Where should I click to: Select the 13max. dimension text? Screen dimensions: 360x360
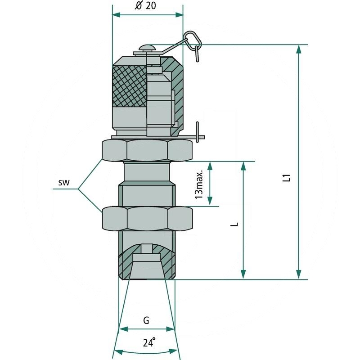click(x=199, y=184)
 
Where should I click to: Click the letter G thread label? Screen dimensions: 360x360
click(x=146, y=320)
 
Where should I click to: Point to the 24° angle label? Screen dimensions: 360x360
click(x=149, y=342)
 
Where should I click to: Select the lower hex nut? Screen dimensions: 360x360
click(x=147, y=218)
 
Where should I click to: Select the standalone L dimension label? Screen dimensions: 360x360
click(x=237, y=223)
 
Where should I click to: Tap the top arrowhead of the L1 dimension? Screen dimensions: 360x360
click(x=298, y=49)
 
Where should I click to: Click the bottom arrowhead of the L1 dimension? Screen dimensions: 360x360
click(x=298, y=274)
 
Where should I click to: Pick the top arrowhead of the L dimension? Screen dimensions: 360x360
click(x=243, y=166)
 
